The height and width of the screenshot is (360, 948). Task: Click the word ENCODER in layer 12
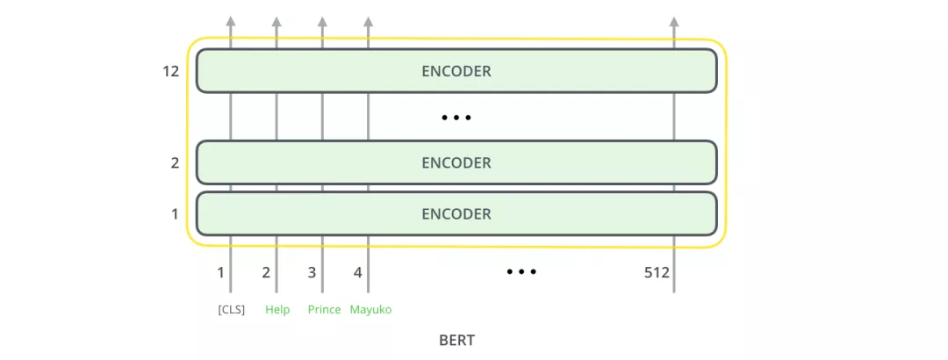pyautogui.click(x=456, y=71)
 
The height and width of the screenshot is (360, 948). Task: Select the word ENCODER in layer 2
pyautogui.click(x=456, y=163)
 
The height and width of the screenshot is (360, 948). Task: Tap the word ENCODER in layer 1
pyautogui.click(x=456, y=214)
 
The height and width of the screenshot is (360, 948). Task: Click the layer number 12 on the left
pyautogui.click(x=170, y=71)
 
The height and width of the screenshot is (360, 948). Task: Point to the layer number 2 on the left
pyautogui.click(x=175, y=163)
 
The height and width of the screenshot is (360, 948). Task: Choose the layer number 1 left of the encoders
pyautogui.click(x=175, y=214)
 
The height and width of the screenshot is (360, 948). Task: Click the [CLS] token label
pyautogui.click(x=232, y=310)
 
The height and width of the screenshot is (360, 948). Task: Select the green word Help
pyautogui.click(x=277, y=310)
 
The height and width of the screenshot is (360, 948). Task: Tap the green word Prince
pyautogui.click(x=324, y=310)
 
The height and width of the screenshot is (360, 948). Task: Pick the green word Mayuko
pyautogui.click(x=370, y=310)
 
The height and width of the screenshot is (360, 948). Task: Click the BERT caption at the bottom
pyautogui.click(x=456, y=340)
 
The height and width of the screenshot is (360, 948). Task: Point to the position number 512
pyautogui.click(x=657, y=272)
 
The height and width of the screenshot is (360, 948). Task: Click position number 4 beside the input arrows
pyautogui.click(x=357, y=272)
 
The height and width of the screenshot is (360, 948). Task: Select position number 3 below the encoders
pyautogui.click(x=312, y=272)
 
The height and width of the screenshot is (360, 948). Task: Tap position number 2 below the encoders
pyautogui.click(x=266, y=272)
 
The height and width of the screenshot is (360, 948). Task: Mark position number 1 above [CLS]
pyautogui.click(x=221, y=272)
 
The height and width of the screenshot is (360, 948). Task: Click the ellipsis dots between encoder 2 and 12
pyautogui.click(x=456, y=118)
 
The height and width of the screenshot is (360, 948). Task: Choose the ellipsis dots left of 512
pyautogui.click(x=521, y=272)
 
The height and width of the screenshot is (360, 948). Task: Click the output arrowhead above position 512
pyautogui.click(x=673, y=22)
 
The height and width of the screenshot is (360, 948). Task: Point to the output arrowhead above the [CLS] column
pyautogui.click(x=231, y=22)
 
